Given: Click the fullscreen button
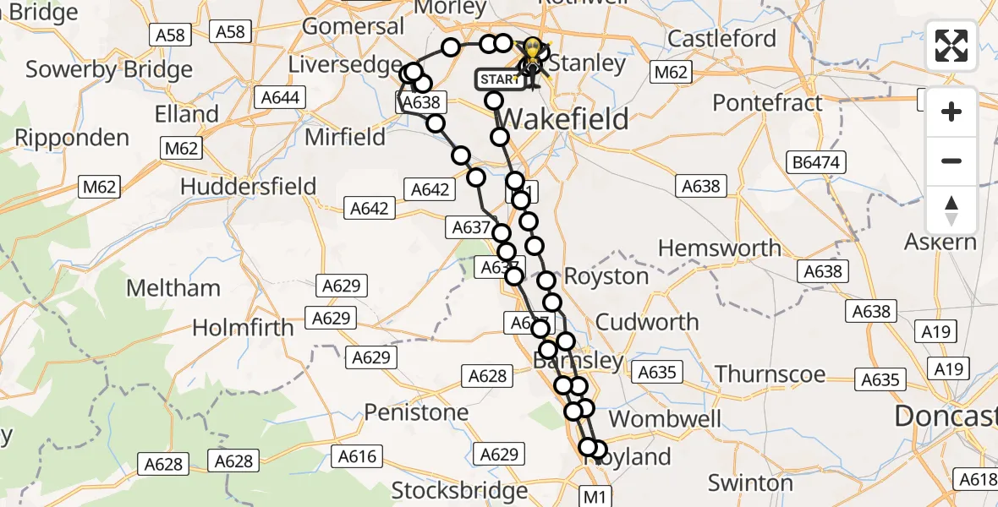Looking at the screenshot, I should [x=951, y=46].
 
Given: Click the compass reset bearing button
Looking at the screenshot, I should [x=951, y=210].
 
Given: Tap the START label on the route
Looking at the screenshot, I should [x=497, y=79].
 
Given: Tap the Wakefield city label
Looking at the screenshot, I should [x=568, y=119].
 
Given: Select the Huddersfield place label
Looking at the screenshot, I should [x=249, y=186].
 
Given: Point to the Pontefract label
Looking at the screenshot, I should [x=767, y=103].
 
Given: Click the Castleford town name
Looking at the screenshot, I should [x=721, y=39].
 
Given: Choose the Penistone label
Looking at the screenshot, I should [x=416, y=412].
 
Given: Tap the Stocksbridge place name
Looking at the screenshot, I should [x=460, y=490].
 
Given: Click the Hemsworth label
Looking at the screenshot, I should [x=720, y=248].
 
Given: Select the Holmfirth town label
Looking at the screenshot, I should [x=244, y=328].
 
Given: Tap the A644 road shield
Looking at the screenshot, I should [x=280, y=97].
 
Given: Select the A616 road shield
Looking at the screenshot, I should [x=357, y=456].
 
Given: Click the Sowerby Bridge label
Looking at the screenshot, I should [x=109, y=69].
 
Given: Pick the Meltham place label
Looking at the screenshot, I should [x=173, y=288].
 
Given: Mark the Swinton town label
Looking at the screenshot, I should [x=751, y=483].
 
